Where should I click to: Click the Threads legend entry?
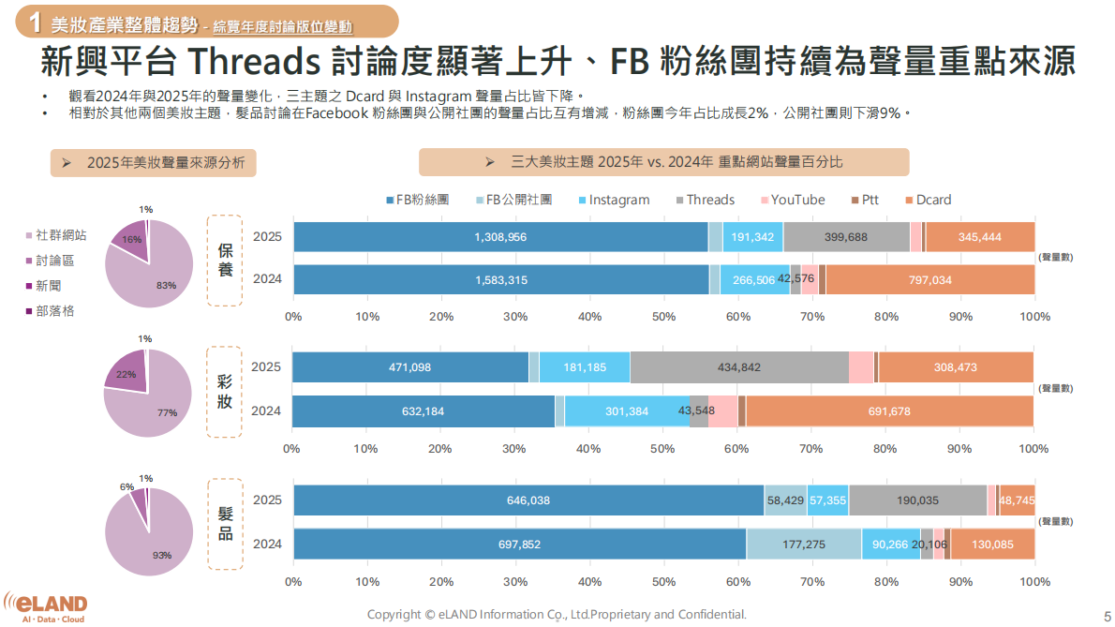705,200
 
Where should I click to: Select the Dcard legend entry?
928,200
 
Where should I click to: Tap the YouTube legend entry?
793,200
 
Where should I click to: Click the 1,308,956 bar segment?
500,237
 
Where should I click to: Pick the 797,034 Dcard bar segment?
930,280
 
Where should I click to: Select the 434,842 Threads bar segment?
739,367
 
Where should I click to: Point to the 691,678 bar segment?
889,411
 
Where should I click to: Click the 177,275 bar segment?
804,544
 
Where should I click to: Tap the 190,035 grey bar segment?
918,500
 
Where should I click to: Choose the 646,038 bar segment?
528,500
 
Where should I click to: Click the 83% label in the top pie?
167,285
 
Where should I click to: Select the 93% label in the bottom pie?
162,555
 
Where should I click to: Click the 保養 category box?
225,261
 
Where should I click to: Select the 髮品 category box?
226,524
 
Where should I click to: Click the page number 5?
1108,617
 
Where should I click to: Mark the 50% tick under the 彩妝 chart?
662,449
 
